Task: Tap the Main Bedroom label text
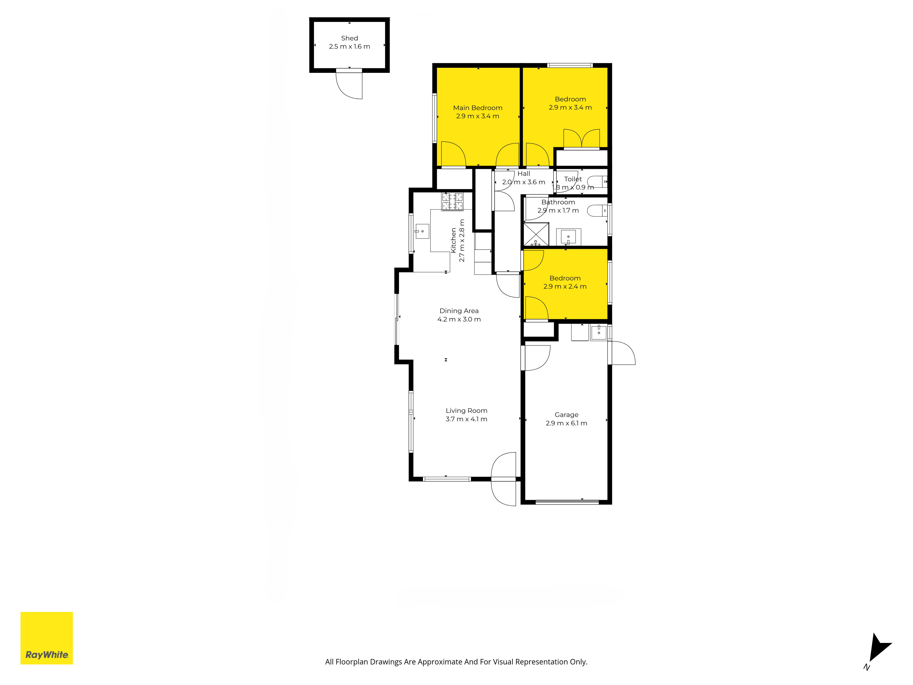tap(477, 108)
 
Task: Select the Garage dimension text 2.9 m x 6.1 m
tap(566, 423)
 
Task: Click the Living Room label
tap(466, 410)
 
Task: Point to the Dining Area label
tap(459, 311)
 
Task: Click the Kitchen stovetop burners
tap(452, 201)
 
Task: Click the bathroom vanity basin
tap(568, 237)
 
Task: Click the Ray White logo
tap(47, 638)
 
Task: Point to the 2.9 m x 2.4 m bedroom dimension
tap(565, 287)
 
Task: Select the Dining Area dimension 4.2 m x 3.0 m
tap(459, 319)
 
